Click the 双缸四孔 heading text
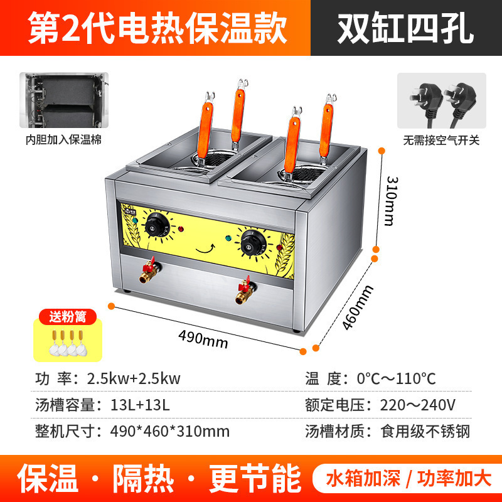point(405,29)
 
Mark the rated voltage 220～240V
point(417,405)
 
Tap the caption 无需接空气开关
point(442,140)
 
